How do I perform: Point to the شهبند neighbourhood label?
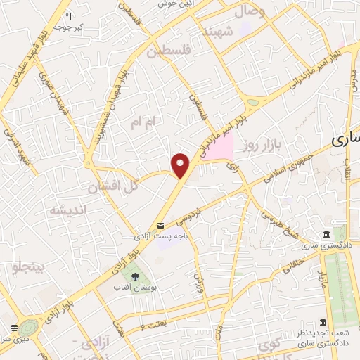[x=217, y=32]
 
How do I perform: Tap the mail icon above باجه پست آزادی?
[x=162, y=225]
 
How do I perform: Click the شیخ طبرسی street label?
[x=278, y=221]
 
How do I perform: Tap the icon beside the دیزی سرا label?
[x=14, y=327]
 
